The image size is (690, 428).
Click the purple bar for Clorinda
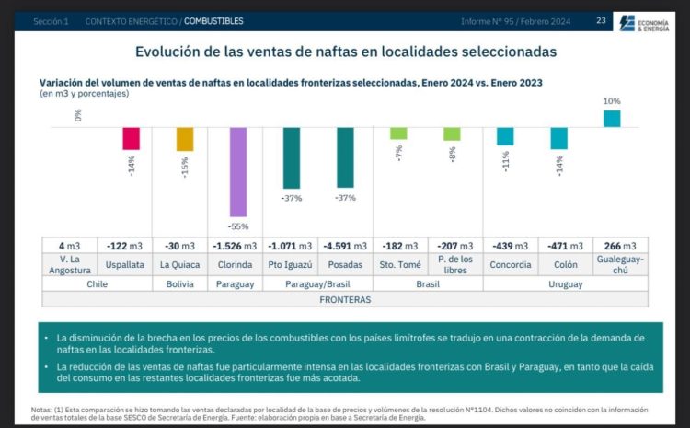tap(238, 171)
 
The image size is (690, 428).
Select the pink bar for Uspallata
tap(132, 138)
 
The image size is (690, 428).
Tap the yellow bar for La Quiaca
tap(185, 139)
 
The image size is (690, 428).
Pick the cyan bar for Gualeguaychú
tap(612, 118)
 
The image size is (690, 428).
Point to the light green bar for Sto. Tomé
tap(398, 133)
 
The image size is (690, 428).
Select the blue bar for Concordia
tap(505, 136)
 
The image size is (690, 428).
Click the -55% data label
tap(239, 226)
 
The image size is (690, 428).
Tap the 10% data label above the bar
tap(612, 101)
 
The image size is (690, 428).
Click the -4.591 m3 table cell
tap(345, 246)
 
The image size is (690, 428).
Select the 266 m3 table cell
tap(612, 246)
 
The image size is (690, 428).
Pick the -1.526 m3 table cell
tap(238, 246)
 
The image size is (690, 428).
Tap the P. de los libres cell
tap(452, 265)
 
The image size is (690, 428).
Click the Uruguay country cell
tap(558, 284)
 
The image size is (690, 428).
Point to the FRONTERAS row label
tap(345, 299)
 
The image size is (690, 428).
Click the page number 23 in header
tap(601, 20)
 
